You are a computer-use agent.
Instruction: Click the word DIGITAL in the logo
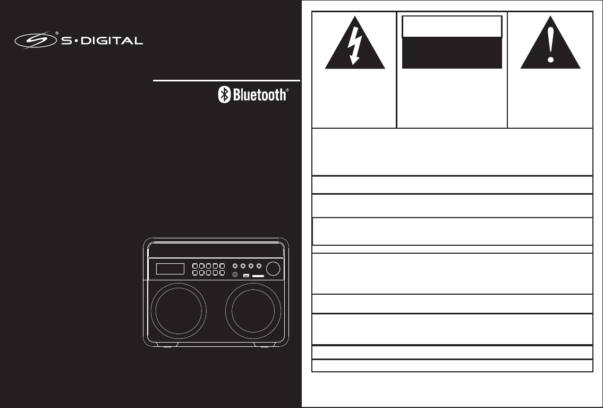(115, 40)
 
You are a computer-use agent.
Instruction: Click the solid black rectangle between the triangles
(452, 53)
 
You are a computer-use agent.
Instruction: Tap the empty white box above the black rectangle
(452, 27)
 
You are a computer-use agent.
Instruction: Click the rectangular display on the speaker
(170, 269)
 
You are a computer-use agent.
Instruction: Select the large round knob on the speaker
(274, 269)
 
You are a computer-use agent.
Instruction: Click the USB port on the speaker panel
(246, 276)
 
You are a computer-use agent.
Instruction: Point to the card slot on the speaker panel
(259, 276)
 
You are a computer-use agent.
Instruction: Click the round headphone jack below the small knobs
(235, 274)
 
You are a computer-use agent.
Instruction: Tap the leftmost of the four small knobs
(234, 265)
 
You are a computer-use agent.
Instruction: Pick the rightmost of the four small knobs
(259, 265)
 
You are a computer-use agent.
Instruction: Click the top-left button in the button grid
(196, 265)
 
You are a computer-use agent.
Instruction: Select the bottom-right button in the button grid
(222, 273)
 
